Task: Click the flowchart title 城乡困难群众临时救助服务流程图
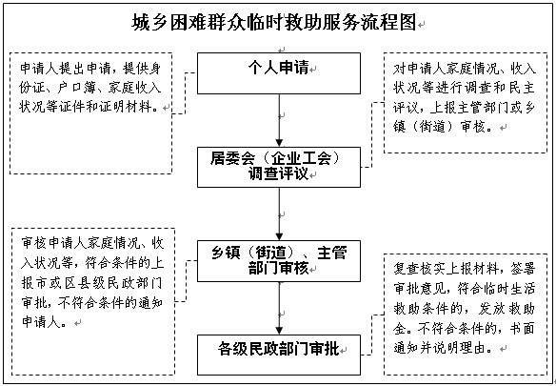point(274,23)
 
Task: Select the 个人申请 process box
point(279,73)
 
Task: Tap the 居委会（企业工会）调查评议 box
point(279,167)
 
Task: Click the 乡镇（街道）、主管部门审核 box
point(279,261)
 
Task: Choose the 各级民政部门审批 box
point(279,355)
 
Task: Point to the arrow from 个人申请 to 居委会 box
point(279,120)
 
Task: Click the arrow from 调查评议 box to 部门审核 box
point(279,214)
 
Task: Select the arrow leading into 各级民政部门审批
point(279,308)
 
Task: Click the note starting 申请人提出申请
point(90,113)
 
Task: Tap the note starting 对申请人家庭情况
point(466,103)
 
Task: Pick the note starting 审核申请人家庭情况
point(93,301)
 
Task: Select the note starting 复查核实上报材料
point(466,315)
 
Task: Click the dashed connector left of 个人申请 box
point(185,93)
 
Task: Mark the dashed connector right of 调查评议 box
point(371,135)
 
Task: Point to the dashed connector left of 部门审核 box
point(187,281)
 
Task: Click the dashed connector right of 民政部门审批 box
point(371,335)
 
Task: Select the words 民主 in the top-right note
point(522,88)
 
